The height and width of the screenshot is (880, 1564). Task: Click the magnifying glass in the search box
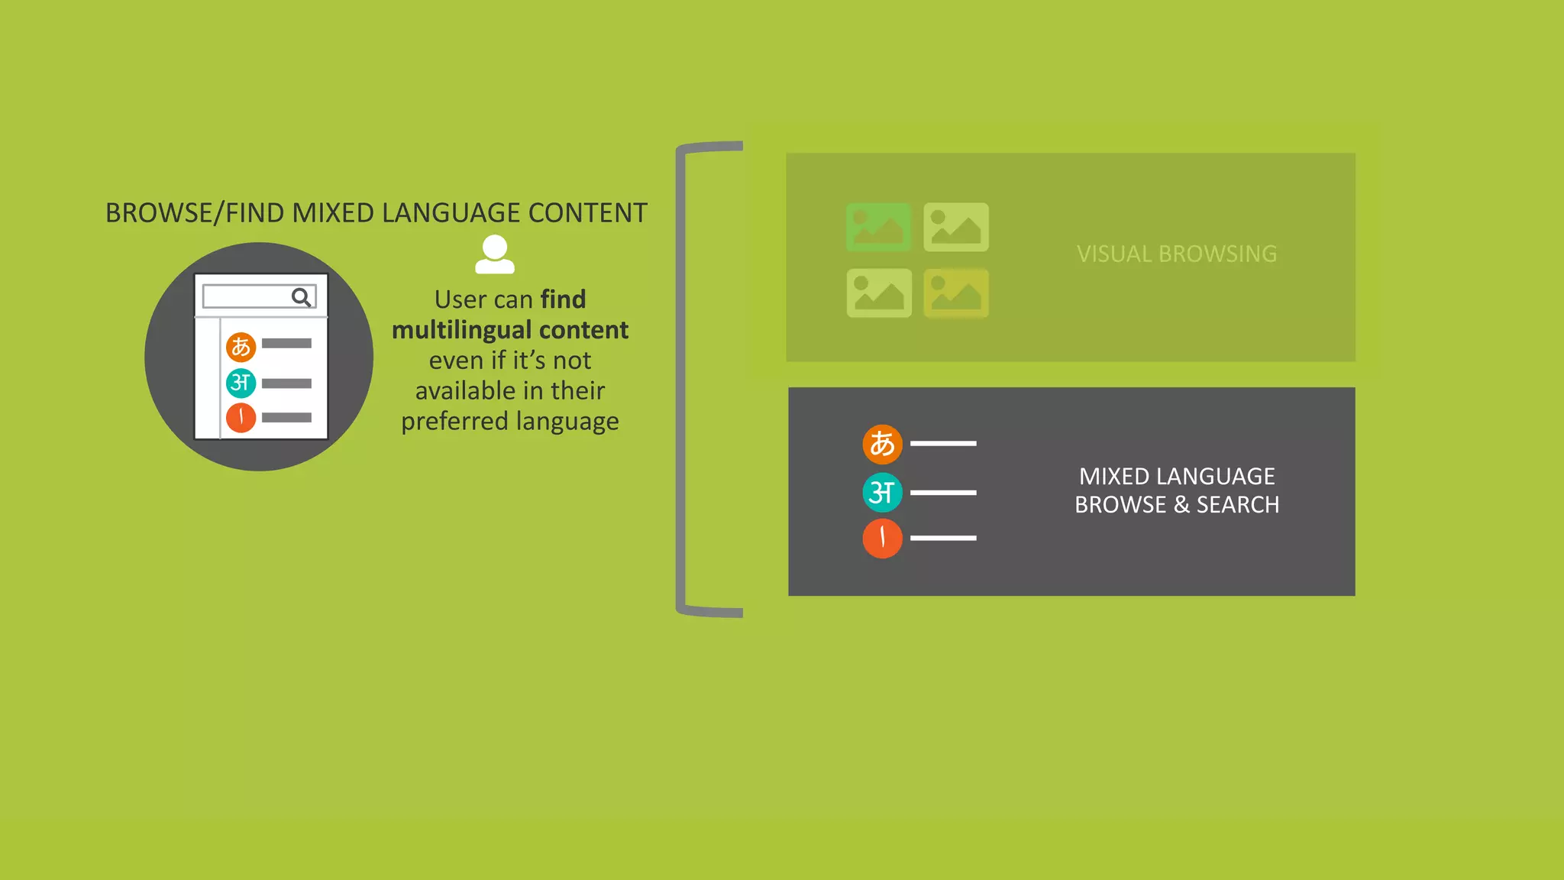[302, 297]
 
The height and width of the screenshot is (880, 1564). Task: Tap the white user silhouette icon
[495, 254]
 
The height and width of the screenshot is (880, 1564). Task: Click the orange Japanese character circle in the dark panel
[882, 444]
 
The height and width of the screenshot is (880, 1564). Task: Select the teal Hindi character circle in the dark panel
[882, 493]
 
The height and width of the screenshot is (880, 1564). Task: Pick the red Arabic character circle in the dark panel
[882, 539]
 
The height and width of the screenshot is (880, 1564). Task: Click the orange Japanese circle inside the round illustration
[241, 347]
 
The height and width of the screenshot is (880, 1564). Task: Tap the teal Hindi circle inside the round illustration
[241, 383]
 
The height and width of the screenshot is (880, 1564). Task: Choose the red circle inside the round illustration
[241, 418]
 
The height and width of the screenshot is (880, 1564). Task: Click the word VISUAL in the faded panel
[1114, 254]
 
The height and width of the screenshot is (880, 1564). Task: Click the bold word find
[563, 299]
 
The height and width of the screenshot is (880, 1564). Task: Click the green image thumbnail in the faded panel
[879, 227]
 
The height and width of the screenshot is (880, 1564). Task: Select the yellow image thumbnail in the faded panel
[956, 293]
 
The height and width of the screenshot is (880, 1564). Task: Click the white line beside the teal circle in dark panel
[943, 493]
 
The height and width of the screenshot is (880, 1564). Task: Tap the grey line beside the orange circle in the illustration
[286, 344]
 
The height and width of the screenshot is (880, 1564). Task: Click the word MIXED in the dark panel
[1113, 477]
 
